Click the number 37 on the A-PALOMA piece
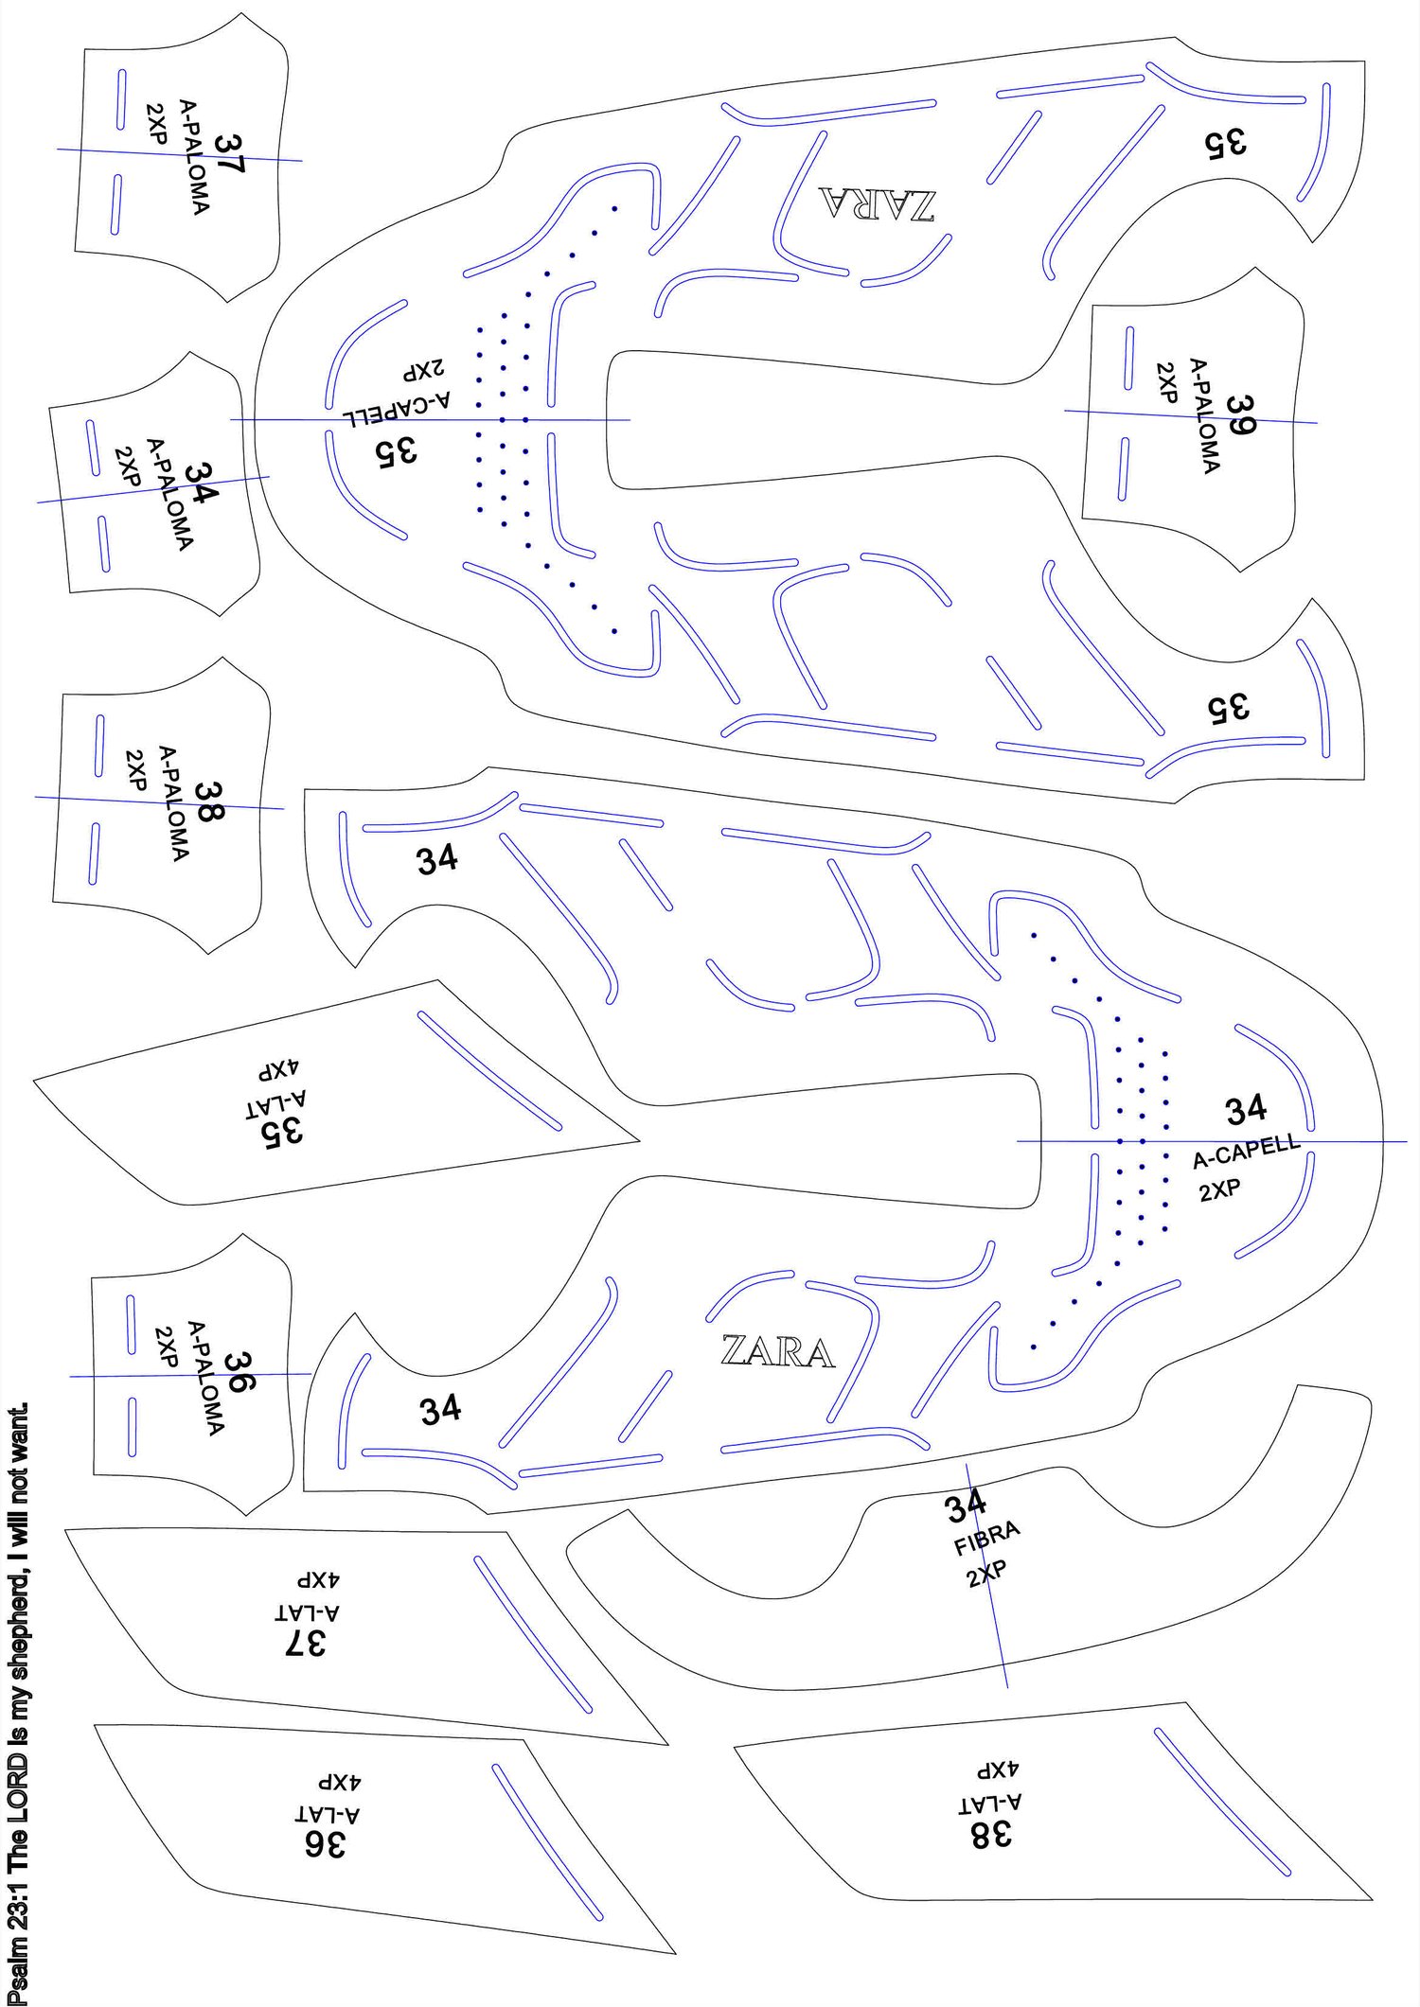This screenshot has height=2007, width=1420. [x=229, y=152]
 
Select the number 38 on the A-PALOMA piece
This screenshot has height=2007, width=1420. [x=209, y=802]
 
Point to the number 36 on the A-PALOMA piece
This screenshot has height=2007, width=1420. [x=238, y=1371]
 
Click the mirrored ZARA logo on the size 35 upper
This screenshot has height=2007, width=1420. [x=878, y=203]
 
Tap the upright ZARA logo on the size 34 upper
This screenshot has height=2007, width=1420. [x=777, y=1351]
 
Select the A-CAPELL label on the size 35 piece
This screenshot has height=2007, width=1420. [x=396, y=409]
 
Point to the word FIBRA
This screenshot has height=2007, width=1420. [x=986, y=1539]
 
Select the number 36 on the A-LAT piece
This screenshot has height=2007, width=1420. [x=325, y=1843]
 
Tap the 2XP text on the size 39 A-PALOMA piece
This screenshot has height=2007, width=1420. [x=1166, y=382]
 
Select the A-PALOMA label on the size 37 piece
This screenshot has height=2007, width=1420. [x=194, y=157]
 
